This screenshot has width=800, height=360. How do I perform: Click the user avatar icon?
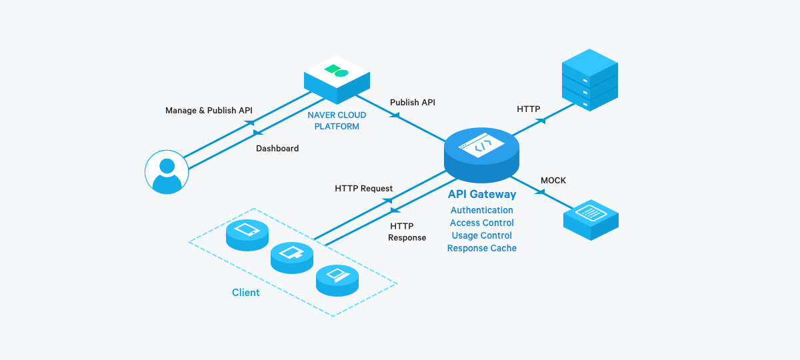pyautogui.click(x=167, y=171)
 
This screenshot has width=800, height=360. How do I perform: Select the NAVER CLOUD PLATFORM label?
pyautogui.click(x=337, y=121)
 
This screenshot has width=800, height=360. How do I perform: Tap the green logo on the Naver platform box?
pyautogui.click(x=336, y=70)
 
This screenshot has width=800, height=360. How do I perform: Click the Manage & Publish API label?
pyautogui.click(x=209, y=111)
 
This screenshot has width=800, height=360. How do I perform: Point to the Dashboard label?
pyautogui.click(x=277, y=149)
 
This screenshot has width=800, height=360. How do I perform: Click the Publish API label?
pyautogui.click(x=413, y=103)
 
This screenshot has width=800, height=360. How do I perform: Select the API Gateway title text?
pyautogui.click(x=481, y=195)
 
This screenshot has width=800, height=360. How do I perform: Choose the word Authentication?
pyautogui.click(x=481, y=211)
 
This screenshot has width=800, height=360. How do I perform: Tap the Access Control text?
pyautogui.click(x=481, y=223)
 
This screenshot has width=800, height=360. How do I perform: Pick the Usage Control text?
pyautogui.click(x=481, y=236)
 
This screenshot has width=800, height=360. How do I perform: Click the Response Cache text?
pyautogui.click(x=481, y=249)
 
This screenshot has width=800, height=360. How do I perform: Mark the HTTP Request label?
pyautogui.click(x=363, y=189)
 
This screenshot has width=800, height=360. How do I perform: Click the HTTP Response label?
pyautogui.click(x=407, y=232)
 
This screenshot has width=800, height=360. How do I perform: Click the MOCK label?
pyautogui.click(x=553, y=181)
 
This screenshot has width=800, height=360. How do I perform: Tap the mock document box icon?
pyautogui.click(x=591, y=216)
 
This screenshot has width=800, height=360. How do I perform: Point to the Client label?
pyautogui.click(x=246, y=293)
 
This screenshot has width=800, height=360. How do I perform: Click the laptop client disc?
pyautogui.click(x=337, y=278)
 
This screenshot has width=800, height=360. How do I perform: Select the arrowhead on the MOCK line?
pyautogui.click(x=540, y=192)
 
